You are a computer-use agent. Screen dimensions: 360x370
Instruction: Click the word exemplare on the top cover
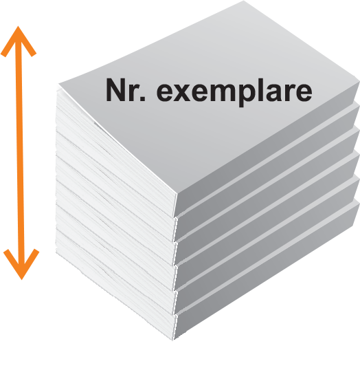click(234, 91)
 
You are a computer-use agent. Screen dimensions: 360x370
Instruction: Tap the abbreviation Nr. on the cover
click(126, 90)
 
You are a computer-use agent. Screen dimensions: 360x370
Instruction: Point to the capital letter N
click(115, 90)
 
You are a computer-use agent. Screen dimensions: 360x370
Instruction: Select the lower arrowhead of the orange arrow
click(21, 264)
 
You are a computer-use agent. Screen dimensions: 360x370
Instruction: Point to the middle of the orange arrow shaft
click(20, 153)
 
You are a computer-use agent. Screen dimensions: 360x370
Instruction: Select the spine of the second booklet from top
click(267, 176)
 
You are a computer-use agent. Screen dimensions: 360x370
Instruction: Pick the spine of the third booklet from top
click(267, 201)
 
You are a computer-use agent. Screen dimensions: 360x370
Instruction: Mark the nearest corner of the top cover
click(177, 194)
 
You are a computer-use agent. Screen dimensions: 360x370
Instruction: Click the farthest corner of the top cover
click(243, 1)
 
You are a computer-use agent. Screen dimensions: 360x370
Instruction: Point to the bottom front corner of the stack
click(173, 340)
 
